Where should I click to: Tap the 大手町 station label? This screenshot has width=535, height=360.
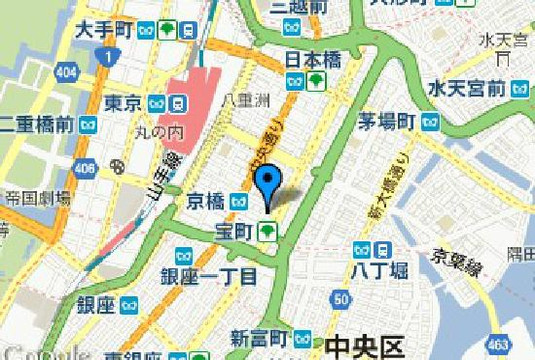point(104,30)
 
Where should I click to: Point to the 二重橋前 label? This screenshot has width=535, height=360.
point(36,124)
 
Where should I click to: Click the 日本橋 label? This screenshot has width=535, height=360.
point(309,59)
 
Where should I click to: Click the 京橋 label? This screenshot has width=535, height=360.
point(209,201)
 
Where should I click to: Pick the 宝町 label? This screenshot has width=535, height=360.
point(237,232)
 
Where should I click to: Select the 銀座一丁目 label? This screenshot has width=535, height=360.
point(209,275)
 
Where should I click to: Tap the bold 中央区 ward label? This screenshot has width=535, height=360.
point(366,343)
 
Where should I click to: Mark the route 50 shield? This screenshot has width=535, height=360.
point(342,299)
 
